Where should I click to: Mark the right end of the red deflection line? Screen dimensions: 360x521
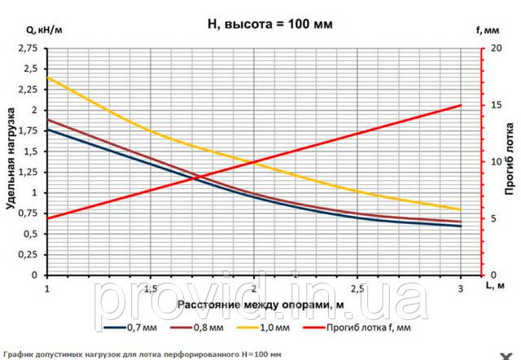(461, 105)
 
